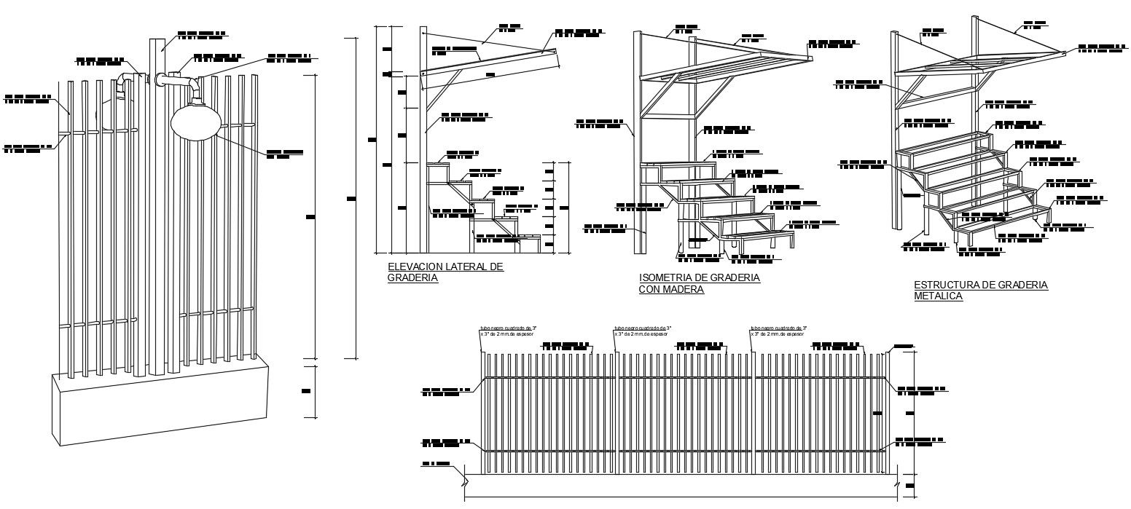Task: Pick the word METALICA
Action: tap(939, 296)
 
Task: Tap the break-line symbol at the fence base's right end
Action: tap(897, 481)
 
